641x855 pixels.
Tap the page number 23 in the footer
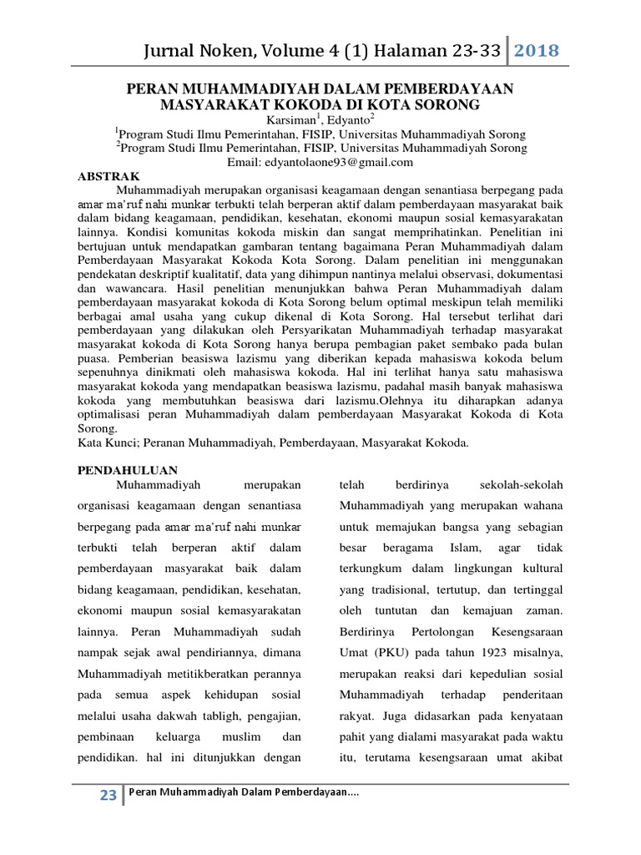tap(108, 796)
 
